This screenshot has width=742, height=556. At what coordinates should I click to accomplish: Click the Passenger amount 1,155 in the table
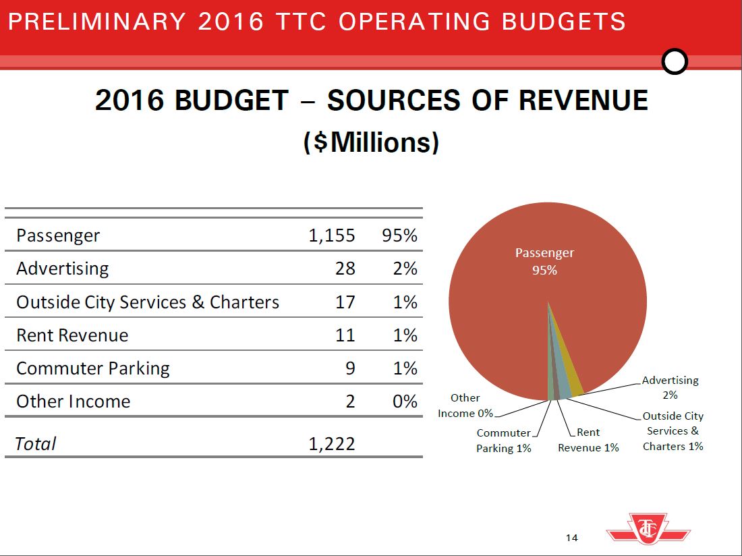[x=331, y=235]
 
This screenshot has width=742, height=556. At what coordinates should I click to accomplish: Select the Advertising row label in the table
[x=62, y=269]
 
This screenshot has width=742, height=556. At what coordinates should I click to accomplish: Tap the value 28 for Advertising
[x=345, y=269]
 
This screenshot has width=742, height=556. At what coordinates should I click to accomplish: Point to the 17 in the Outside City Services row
[x=345, y=302]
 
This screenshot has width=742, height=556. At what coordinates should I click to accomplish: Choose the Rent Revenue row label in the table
[x=72, y=335]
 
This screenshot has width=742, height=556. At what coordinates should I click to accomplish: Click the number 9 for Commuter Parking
[x=349, y=368]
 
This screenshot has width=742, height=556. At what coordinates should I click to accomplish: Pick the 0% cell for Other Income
[x=405, y=401]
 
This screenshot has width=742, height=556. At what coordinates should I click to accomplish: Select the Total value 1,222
[x=331, y=443]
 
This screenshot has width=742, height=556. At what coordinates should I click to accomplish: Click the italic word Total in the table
[x=36, y=443]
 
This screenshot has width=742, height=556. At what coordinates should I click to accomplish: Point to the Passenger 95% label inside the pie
[x=544, y=261]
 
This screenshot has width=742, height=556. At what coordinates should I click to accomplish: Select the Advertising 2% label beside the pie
[x=670, y=388]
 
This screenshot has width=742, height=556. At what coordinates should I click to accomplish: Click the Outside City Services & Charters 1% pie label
[x=673, y=431]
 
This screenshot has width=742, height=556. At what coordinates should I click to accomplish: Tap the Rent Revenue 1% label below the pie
[x=588, y=440]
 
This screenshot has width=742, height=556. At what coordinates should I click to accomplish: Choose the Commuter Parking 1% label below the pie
[x=504, y=440]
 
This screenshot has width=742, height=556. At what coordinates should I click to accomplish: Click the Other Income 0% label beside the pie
[x=465, y=406]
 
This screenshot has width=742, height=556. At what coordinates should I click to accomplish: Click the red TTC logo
[x=648, y=528]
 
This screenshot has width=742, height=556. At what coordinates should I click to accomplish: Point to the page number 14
[x=572, y=538]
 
